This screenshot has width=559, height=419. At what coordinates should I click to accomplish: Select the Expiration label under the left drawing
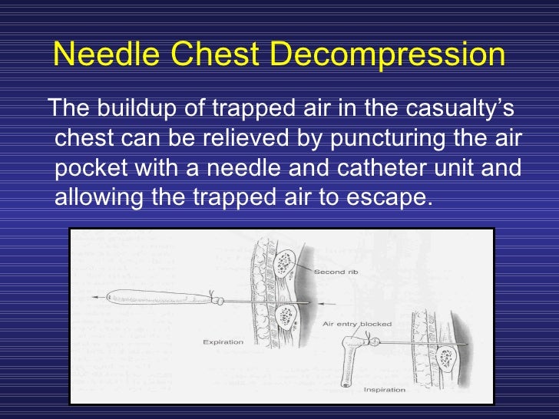223,341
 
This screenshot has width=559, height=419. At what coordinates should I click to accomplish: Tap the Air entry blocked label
358,324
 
